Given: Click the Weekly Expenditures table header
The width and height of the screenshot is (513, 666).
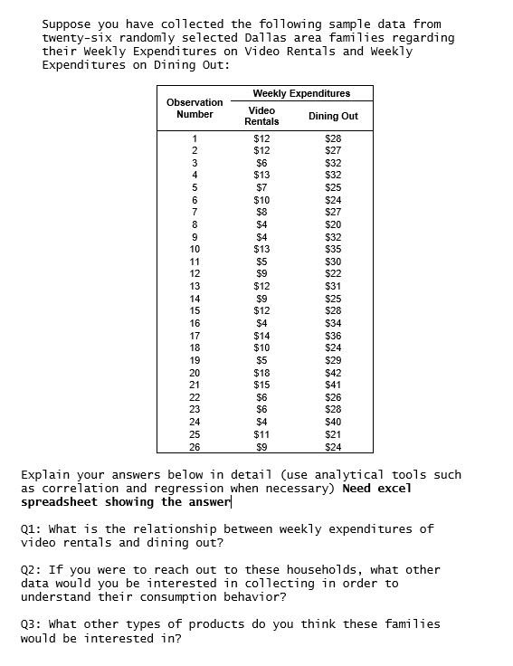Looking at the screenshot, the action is click(x=300, y=93).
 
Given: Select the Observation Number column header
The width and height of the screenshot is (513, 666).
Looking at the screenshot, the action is click(x=195, y=109).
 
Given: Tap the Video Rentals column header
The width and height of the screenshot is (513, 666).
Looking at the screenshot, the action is click(x=262, y=115).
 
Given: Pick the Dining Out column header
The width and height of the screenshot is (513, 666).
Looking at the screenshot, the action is click(x=333, y=116).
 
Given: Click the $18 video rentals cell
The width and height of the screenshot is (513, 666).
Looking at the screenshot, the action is click(x=261, y=373).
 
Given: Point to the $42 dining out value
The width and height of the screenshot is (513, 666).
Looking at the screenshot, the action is click(x=333, y=373).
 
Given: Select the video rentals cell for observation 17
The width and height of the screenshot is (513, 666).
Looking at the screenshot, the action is click(x=261, y=336).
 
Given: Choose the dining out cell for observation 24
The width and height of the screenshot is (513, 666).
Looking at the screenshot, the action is click(x=333, y=422).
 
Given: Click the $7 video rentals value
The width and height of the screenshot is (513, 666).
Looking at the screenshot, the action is click(x=261, y=187).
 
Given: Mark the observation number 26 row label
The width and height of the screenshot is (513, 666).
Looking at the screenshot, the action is click(x=195, y=447).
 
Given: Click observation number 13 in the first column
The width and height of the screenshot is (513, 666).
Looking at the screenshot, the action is click(x=195, y=286).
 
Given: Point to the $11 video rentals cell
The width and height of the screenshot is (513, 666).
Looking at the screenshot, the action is click(x=261, y=434).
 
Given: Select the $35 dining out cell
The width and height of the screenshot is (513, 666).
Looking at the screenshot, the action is click(x=333, y=249).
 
